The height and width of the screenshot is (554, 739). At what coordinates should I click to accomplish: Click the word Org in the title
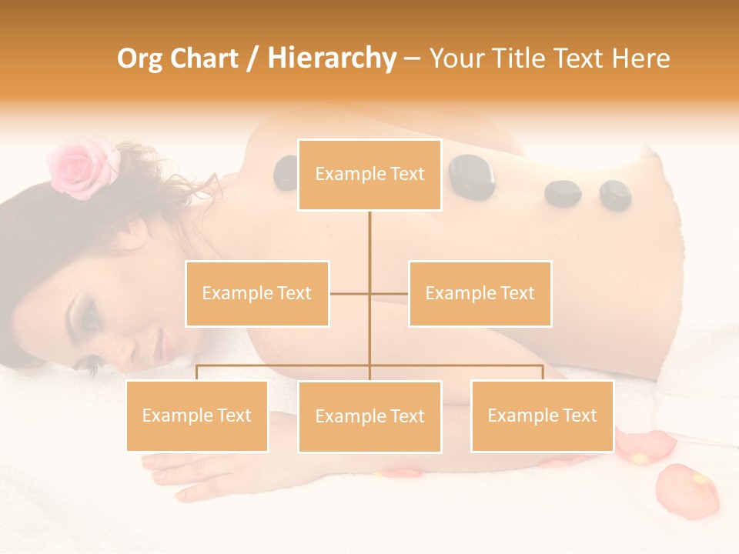140,58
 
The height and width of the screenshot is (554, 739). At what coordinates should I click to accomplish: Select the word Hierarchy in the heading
331,58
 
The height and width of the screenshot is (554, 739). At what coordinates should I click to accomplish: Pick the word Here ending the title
640,58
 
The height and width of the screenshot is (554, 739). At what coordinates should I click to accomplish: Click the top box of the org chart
369,175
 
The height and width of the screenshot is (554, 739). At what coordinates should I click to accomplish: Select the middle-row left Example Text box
257,293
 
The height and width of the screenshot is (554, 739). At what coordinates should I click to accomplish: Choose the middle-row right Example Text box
480,293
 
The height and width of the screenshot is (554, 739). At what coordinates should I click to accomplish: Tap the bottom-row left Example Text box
197,415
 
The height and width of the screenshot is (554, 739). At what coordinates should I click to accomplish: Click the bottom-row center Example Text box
369,416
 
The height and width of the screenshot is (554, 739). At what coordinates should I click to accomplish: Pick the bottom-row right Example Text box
542,415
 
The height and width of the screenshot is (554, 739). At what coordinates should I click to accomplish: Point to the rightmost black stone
615,195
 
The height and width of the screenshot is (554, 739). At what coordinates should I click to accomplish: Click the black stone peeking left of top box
286,172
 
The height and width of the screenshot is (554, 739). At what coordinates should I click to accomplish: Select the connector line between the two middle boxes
369,293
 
